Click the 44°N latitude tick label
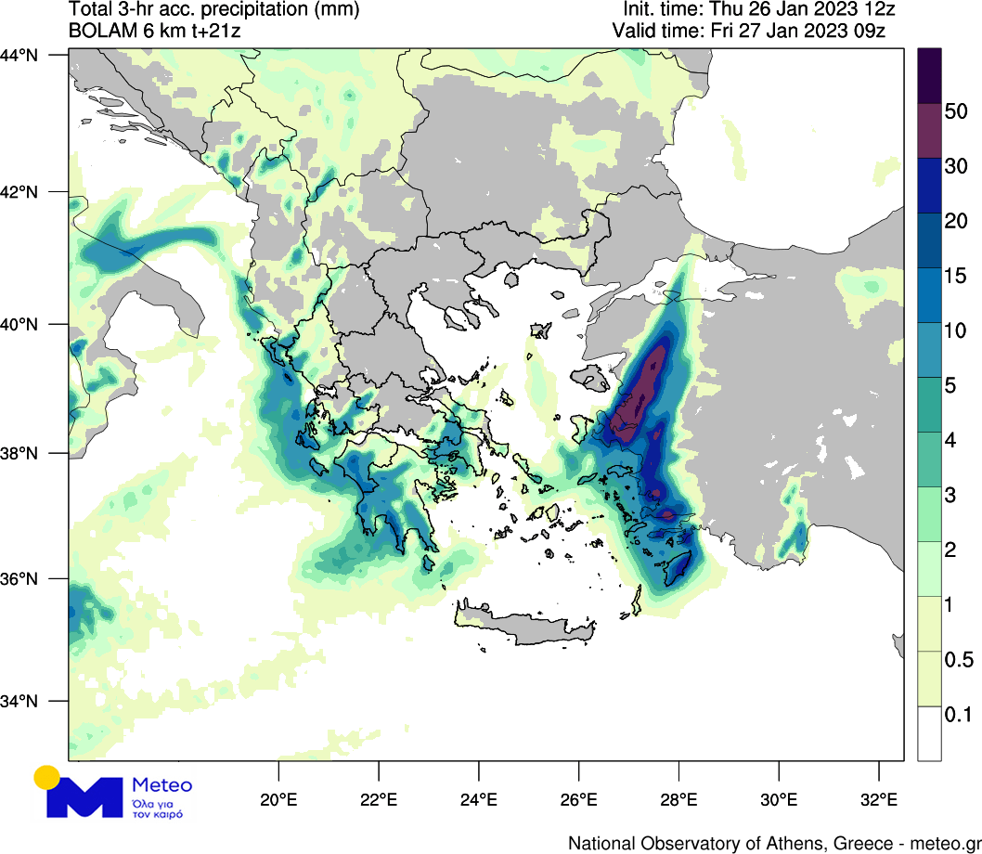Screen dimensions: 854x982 19,55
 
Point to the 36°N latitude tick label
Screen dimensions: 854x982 19,578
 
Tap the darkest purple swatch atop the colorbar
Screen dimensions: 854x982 929,74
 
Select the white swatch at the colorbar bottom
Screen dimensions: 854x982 929,733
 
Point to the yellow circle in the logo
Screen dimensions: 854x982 46,777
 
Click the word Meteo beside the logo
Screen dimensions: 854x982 162,785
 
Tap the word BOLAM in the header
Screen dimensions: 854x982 97,31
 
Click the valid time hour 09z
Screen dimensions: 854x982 872,31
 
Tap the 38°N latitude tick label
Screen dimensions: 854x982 19,453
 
